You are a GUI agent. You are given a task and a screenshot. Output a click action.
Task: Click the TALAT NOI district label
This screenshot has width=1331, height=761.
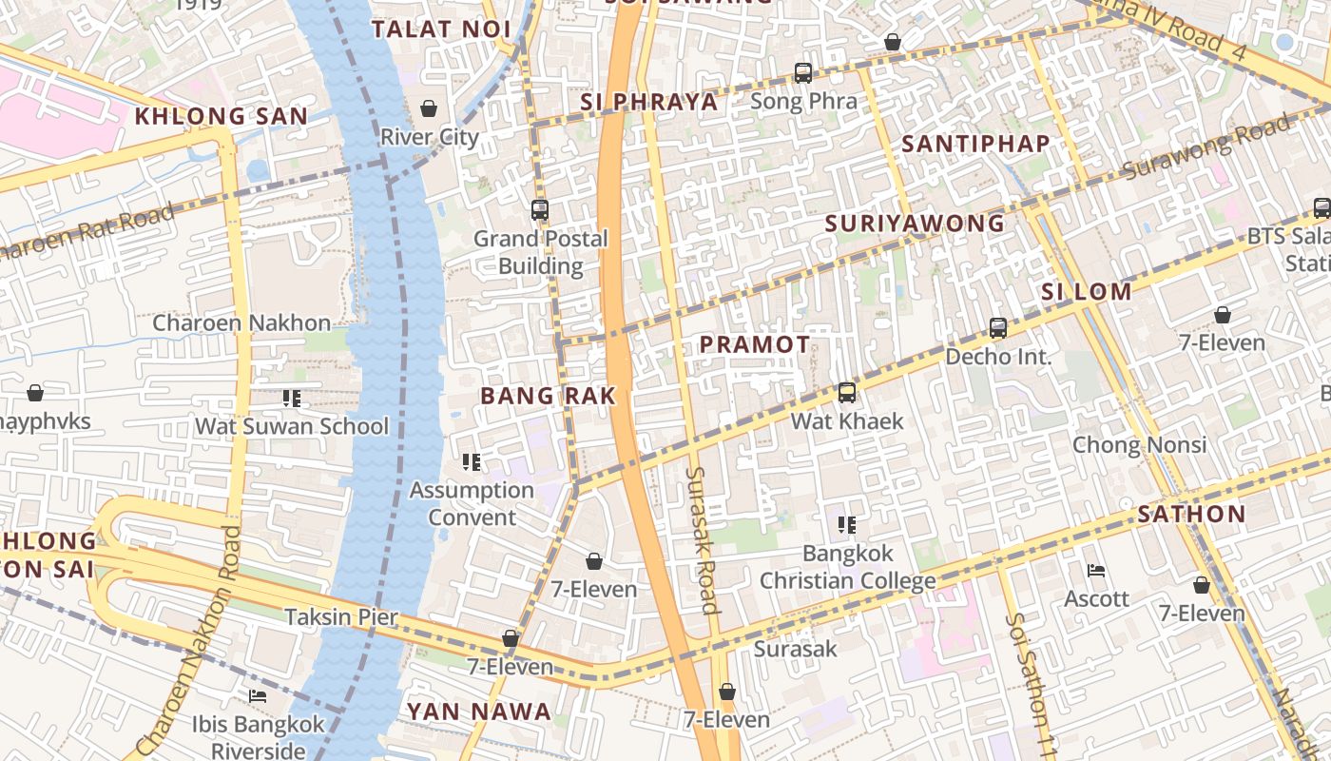441,29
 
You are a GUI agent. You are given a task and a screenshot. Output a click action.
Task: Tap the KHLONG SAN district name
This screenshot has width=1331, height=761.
222,117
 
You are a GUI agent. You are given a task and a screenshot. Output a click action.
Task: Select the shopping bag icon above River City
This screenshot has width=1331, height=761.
429,107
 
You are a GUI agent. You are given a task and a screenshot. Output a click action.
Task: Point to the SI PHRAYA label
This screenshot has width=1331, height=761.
649,102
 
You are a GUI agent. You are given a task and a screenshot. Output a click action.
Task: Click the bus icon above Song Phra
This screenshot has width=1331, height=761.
803,73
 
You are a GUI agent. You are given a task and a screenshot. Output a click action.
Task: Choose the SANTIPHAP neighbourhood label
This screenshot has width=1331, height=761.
975,145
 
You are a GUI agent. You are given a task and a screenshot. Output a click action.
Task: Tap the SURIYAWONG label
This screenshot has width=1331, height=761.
915,224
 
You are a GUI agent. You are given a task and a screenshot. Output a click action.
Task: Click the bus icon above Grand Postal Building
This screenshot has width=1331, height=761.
540,210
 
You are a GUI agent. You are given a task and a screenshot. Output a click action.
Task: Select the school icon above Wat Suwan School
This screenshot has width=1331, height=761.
291,399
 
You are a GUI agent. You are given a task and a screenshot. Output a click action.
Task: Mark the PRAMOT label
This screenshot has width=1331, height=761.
755,344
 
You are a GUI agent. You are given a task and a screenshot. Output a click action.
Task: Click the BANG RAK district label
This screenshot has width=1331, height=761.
549,396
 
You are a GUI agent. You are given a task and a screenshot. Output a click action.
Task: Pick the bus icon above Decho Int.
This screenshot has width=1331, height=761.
998,328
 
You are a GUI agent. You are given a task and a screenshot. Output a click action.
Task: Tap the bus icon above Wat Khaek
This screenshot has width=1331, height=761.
847,392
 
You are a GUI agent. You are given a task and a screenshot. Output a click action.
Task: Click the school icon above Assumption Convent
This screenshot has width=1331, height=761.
472,462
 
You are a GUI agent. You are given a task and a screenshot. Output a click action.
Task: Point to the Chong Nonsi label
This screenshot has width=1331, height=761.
1139,444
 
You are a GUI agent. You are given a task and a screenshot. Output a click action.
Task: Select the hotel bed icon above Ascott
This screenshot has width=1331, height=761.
1096,571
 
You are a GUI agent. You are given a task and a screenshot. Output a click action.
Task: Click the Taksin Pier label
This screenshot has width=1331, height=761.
341,616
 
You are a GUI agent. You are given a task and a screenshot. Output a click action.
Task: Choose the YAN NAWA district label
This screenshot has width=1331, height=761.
479,712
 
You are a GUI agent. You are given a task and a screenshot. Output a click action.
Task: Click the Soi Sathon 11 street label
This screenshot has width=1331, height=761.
1031,685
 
